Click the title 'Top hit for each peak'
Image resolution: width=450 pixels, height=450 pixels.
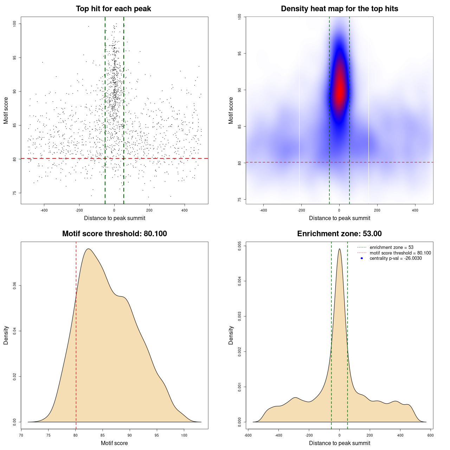pyautogui.click(x=113, y=9)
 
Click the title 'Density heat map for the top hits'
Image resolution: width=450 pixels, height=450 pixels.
pyautogui.click(x=339, y=9)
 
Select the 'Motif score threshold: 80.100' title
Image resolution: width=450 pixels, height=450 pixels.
pyautogui.click(x=114, y=234)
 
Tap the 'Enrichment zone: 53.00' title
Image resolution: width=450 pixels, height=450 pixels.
pyautogui.click(x=339, y=234)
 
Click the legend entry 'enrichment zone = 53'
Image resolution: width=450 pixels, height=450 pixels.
pyautogui.click(x=391, y=247)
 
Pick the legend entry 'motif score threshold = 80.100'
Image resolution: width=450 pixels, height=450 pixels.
pyautogui.click(x=400, y=253)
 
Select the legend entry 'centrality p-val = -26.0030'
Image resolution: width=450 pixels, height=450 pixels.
pyautogui.click(x=396, y=258)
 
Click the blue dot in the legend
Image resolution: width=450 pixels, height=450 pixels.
pyautogui.click(x=362, y=258)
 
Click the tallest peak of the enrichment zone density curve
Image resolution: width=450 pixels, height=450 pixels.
pyautogui.click(x=339, y=249)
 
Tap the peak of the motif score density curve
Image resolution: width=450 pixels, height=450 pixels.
pyautogui.click(x=89, y=249)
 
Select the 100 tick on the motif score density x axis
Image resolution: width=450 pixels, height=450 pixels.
pyautogui.click(x=184, y=435)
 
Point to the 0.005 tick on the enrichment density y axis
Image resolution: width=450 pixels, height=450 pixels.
pyautogui.click(x=239, y=246)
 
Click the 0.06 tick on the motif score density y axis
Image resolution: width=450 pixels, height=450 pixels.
pyautogui.click(x=14, y=286)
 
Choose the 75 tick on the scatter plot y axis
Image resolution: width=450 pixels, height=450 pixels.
pyautogui.click(x=15, y=193)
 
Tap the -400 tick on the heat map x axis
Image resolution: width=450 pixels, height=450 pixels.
pyautogui.click(x=263, y=210)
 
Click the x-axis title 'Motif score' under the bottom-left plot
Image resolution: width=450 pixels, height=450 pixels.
pyautogui.click(x=114, y=443)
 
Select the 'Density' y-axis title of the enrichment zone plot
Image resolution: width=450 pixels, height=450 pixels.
pyautogui.click(x=231, y=335)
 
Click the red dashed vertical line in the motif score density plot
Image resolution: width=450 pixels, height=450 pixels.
pyautogui.click(x=76, y=334)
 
